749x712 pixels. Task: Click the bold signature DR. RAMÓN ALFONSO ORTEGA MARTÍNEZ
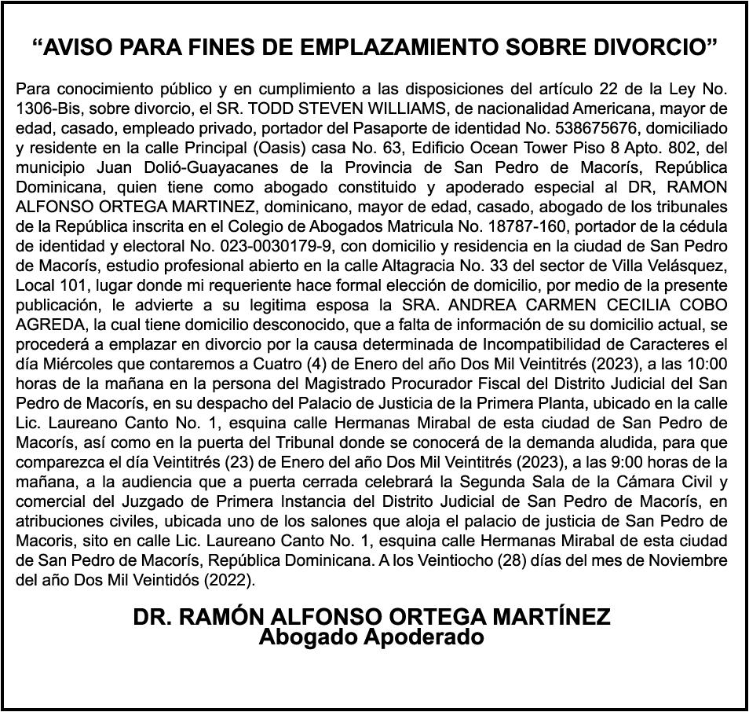point(371,618)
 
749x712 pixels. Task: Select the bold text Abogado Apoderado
point(371,637)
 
